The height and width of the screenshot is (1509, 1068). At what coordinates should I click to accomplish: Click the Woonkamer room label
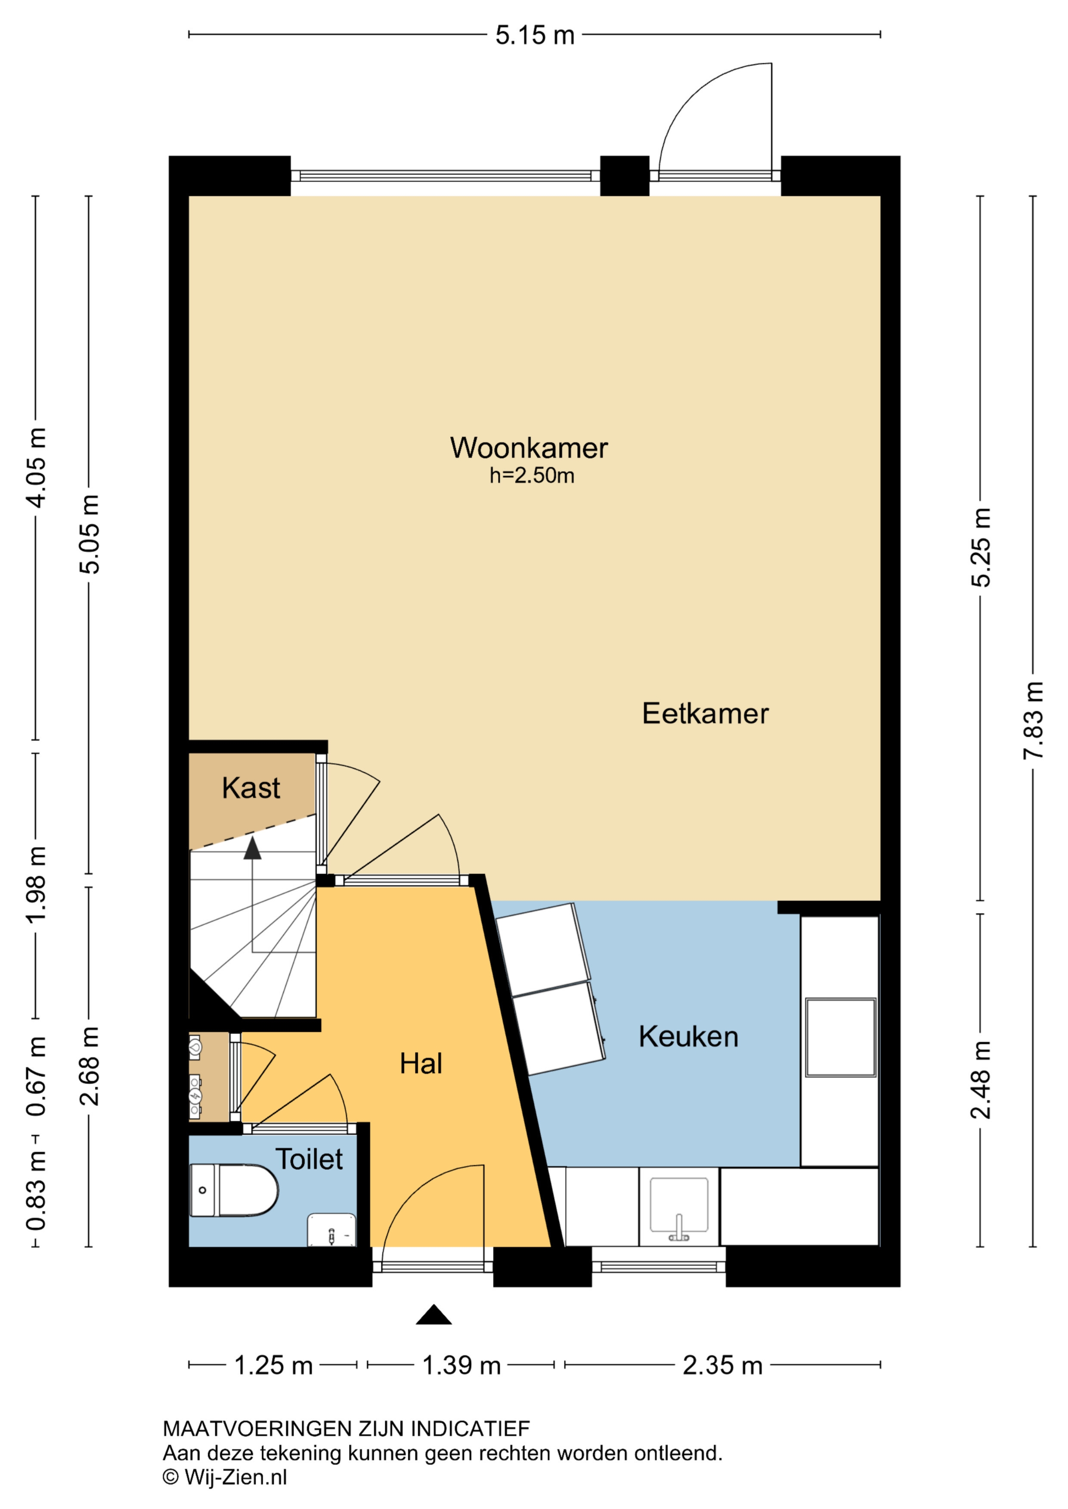point(529,448)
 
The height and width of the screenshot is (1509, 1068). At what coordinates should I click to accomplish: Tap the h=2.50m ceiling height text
point(531,476)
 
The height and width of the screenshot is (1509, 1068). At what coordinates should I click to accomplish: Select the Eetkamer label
point(705,714)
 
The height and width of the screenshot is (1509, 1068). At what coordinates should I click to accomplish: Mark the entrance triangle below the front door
point(433,1315)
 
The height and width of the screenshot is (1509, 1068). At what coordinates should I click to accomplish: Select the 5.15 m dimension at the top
point(535,35)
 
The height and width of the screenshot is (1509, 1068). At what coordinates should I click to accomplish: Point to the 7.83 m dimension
point(1033,720)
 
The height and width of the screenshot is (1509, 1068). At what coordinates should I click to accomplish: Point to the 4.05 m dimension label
point(36,467)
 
